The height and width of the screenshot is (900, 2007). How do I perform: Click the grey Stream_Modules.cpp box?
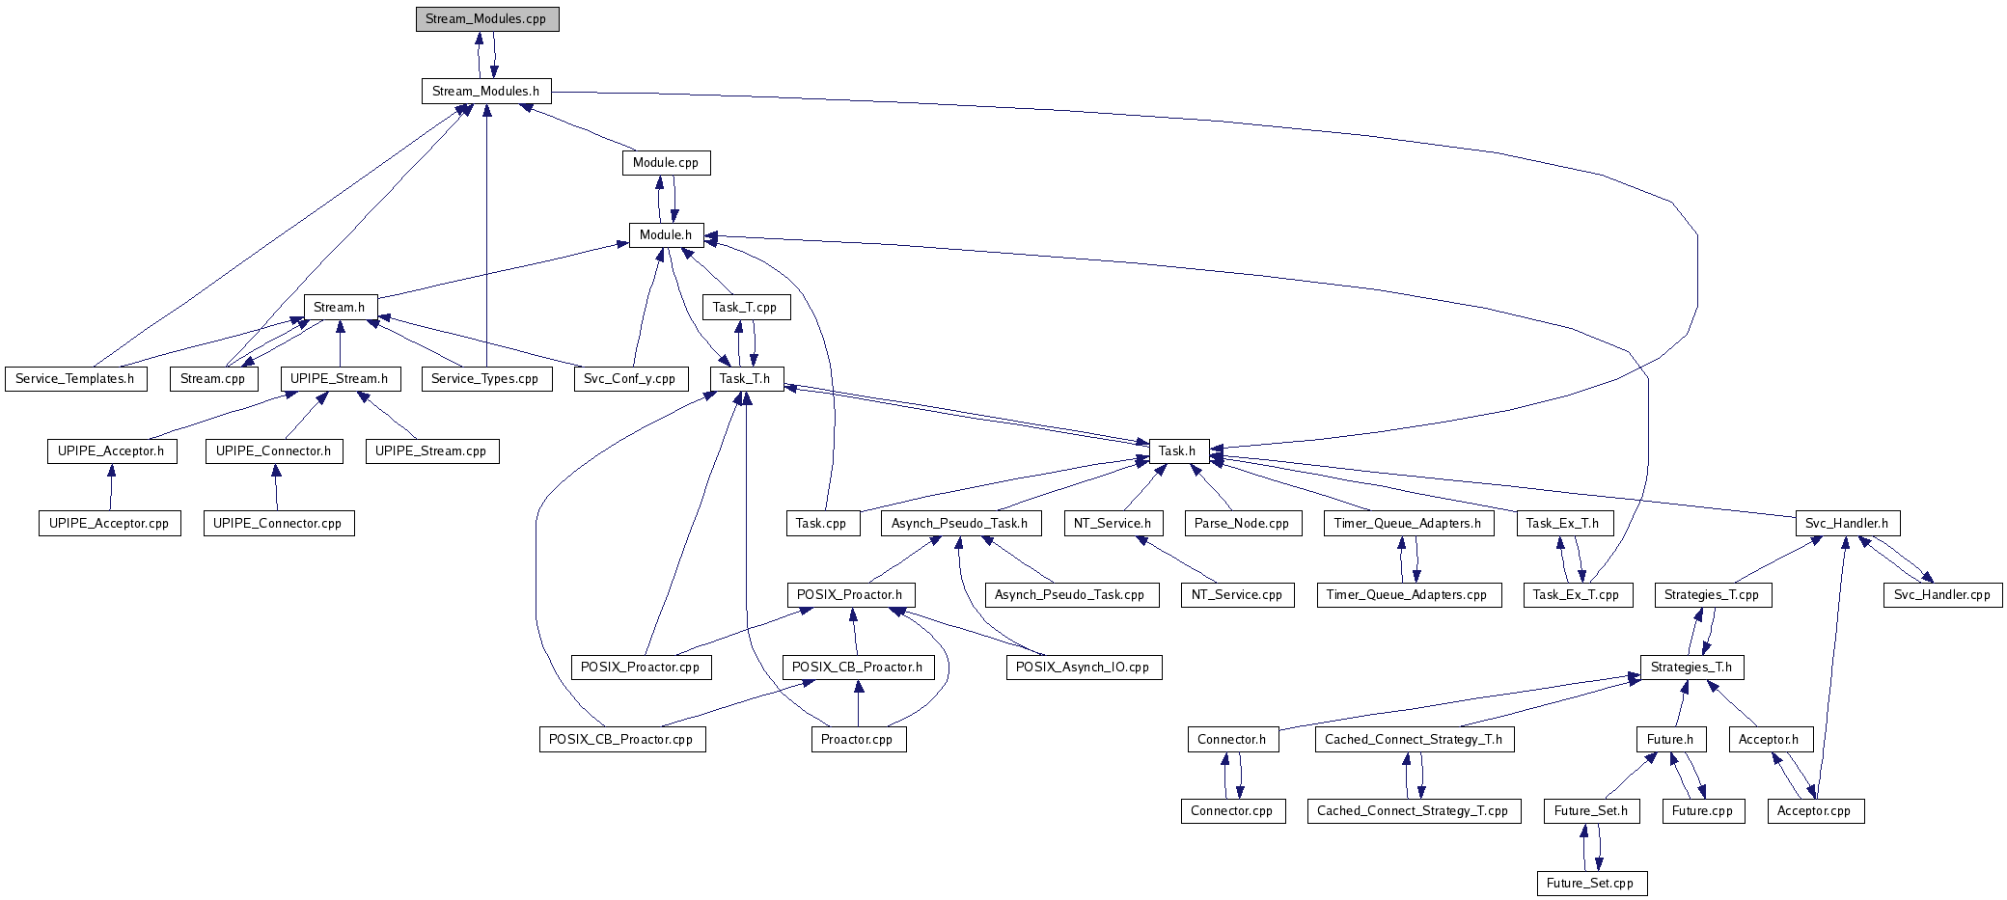coord(487,19)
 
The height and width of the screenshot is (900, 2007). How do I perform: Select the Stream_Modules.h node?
coord(485,92)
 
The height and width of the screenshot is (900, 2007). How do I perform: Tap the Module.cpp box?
coord(666,163)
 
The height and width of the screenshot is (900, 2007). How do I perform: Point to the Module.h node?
coord(666,235)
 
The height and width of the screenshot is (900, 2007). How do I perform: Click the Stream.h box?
coord(340,308)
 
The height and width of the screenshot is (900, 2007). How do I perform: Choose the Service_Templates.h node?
coord(75,379)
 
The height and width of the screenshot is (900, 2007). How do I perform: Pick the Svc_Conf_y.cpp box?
coord(630,379)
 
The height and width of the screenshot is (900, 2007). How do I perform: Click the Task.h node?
coord(1177,451)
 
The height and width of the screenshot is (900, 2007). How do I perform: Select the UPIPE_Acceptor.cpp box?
coord(109,524)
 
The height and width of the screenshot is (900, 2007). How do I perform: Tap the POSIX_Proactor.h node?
coord(850,595)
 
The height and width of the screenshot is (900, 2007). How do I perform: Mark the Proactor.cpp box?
coord(857,740)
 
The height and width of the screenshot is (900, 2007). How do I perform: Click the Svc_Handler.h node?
coord(1847,524)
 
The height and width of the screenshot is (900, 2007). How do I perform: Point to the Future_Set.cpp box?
coord(1590,884)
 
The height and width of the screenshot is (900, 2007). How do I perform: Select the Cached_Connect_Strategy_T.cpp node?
coord(1413,811)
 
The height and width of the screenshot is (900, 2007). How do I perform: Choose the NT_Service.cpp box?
coord(1237,595)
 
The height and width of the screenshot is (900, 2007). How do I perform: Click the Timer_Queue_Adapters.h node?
coord(1408,524)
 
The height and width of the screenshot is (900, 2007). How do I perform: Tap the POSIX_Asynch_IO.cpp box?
coord(1083,668)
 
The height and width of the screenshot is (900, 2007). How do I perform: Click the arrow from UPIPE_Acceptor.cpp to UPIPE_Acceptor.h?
coord(111,487)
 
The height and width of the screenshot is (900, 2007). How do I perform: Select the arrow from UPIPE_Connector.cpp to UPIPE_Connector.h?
coord(276,487)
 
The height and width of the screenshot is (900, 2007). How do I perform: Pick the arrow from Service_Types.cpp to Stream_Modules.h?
coord(486,241)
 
